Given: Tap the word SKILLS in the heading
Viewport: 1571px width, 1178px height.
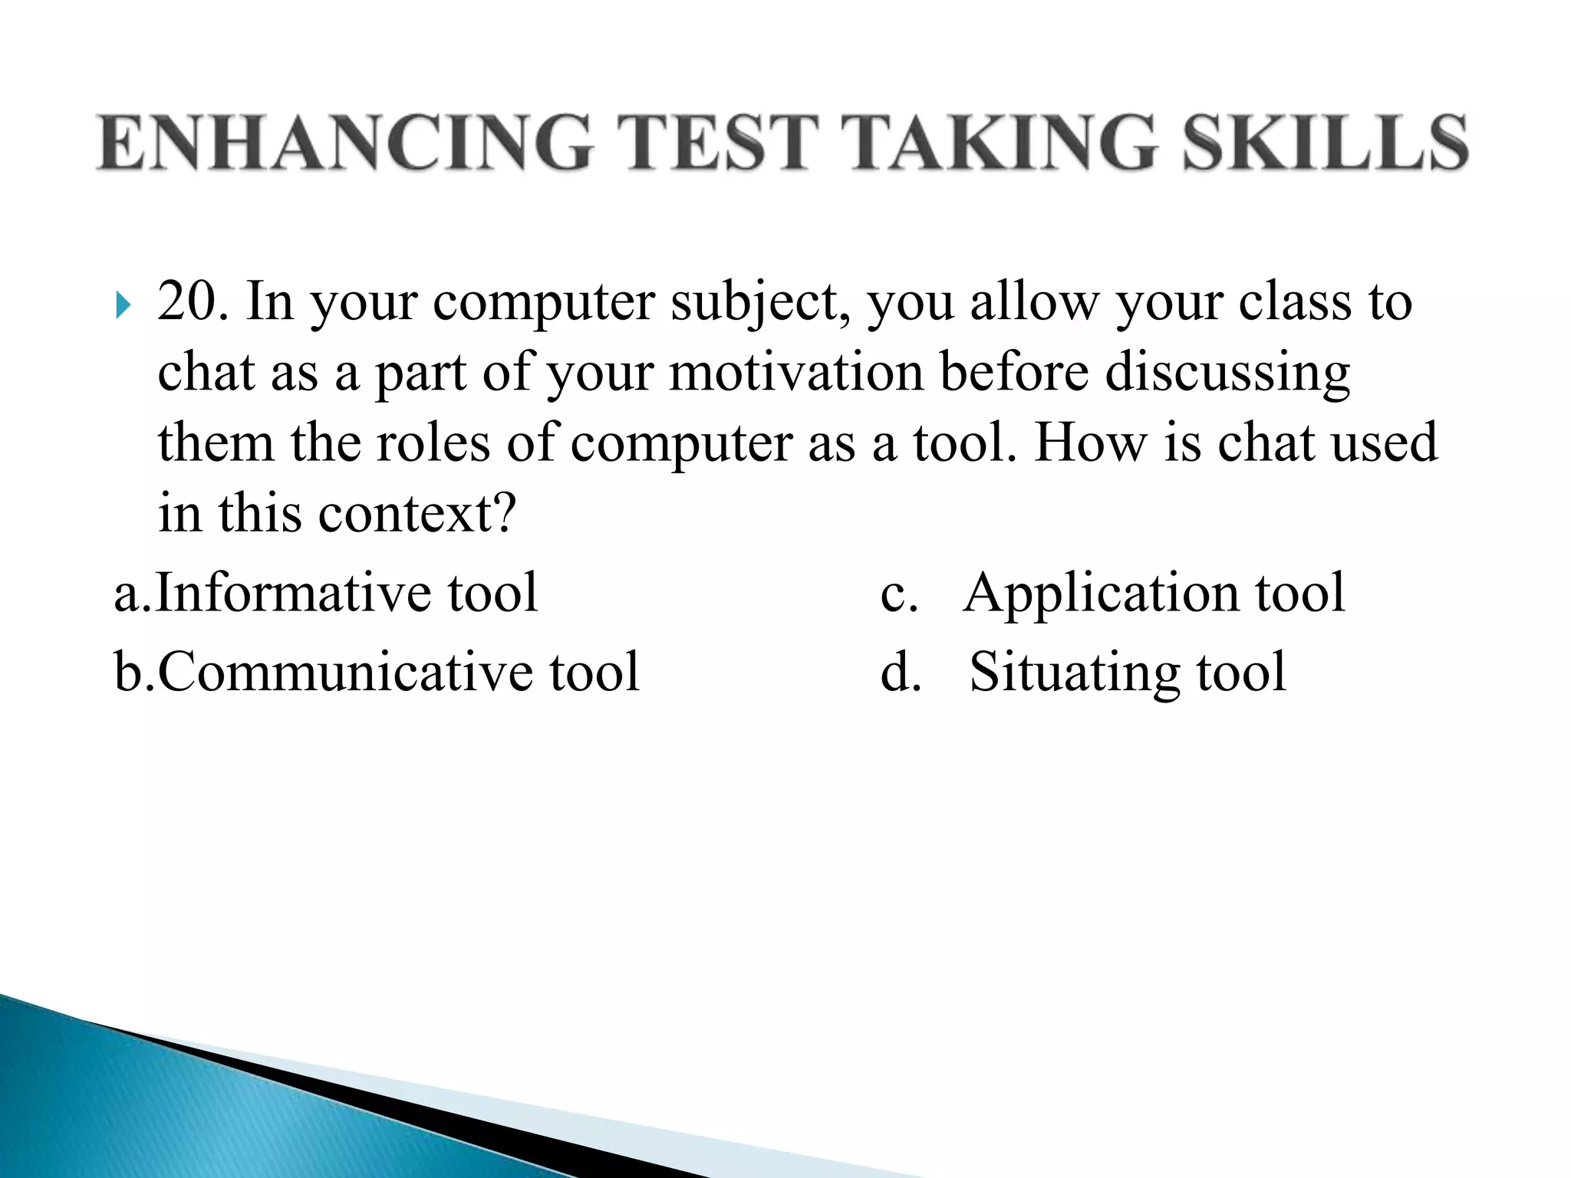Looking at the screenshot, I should point(1325,142).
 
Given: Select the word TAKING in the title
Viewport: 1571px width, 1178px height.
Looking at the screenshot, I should point(998,142).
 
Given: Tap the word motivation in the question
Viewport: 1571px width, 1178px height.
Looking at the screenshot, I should point(796,373).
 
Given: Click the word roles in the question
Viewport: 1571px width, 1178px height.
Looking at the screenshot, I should point(432,443).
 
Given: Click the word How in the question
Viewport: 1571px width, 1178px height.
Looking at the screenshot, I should point(1090,443).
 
